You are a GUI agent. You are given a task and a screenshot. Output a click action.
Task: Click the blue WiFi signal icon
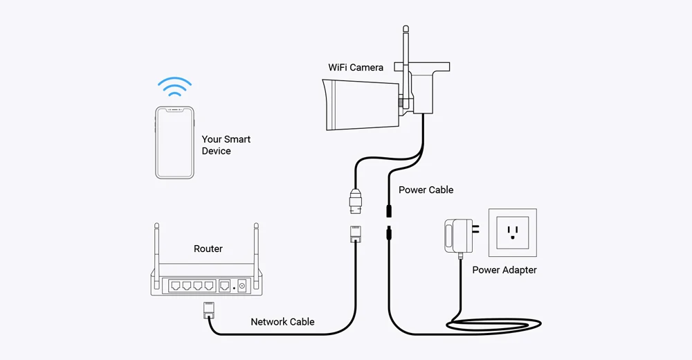click(175, 86)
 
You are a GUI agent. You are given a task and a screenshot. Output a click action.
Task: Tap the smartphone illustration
click(175, 142)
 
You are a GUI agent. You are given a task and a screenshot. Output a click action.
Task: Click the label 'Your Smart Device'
click(226, 145)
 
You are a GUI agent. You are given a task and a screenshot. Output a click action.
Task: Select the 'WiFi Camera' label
click(355, 67)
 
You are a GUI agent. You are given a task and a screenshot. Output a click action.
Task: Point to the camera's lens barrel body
click(361, 105)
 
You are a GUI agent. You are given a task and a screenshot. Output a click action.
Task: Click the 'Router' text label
click(208, 249)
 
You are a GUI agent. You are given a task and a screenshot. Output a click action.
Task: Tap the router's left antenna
click(156, 252)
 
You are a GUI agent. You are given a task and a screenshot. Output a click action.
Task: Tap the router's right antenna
click(257, 252)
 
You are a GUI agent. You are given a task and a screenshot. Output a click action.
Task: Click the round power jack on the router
click(242, 286)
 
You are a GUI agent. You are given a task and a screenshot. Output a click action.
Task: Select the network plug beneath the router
click(208, 309)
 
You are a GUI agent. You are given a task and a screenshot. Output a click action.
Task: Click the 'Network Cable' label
click(282, 321)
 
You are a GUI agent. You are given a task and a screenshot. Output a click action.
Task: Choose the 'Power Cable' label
click(426, 190)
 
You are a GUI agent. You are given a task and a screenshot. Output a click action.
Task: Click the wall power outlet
click(512, 233)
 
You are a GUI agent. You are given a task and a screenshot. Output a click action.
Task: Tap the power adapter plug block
click(459, 236)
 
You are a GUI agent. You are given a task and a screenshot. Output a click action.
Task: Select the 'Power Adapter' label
click(504, 270)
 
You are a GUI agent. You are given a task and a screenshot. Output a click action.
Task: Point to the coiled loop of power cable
click(494, 325)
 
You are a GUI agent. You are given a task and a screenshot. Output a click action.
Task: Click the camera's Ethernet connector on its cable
click(356, 201)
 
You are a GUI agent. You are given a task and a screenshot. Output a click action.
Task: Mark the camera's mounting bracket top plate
click(422, 67)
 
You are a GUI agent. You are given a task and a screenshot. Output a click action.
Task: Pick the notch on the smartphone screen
click(175, 109)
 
